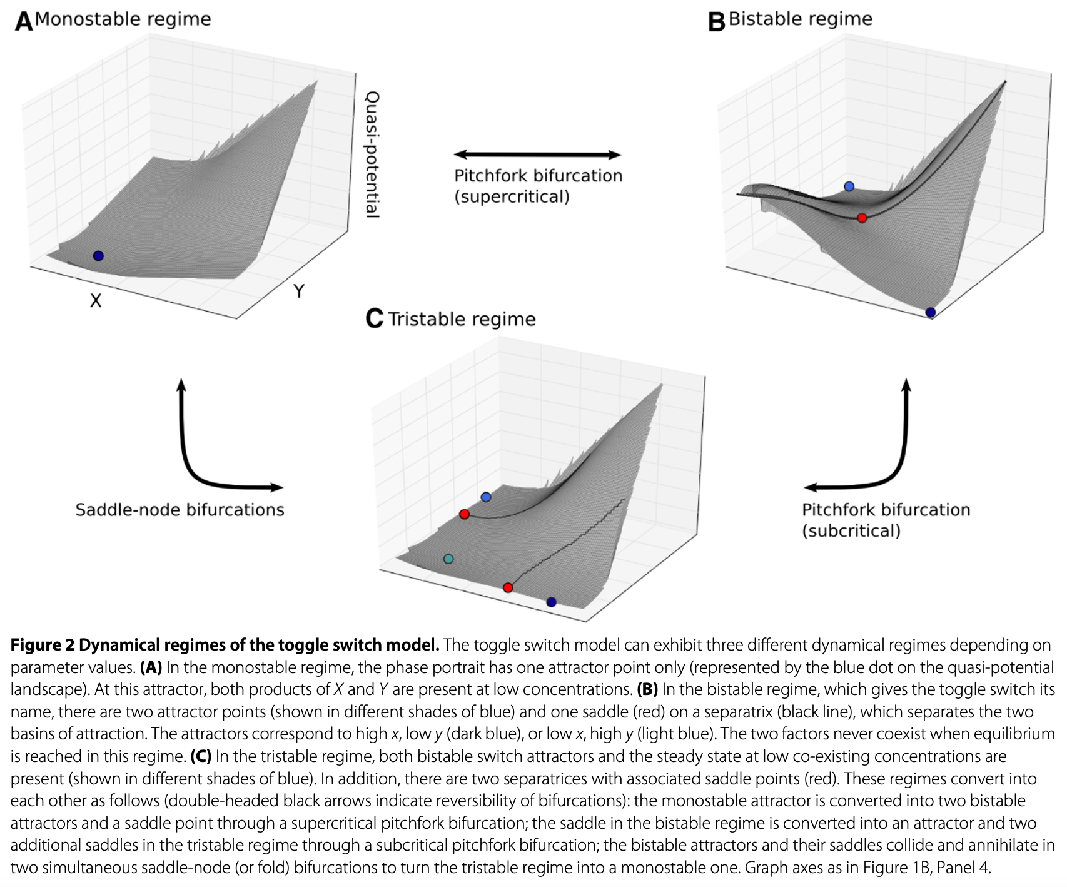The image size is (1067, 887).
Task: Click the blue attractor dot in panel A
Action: click(x=98, y=256)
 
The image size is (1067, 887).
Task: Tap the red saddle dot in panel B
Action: click(x=862, y=218)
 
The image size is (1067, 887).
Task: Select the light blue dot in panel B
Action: click(x=849, y=186)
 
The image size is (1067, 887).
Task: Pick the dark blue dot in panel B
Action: click(x=930, y=312)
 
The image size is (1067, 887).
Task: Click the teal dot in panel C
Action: click(x=448, y=559)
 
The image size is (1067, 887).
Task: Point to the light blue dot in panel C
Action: click(x=486, y=497)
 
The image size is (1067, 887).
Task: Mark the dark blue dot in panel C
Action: click(x=551, y=602)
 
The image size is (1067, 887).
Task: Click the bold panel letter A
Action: click(x=24, y=22)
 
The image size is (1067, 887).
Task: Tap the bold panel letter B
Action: click(x=716, y=22)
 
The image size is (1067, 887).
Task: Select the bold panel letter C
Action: click(x=374, y=320)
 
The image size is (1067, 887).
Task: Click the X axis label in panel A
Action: click(x=96, y=301)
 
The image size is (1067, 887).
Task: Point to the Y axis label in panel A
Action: click(x=300, y=291)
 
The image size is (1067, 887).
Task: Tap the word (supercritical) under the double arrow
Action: click(x=512, y=197)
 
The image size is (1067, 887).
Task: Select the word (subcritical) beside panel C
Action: click(x=851, y=531)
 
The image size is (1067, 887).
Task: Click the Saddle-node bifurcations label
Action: click(x=180, y=510)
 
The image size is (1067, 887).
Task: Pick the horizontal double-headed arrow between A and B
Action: click(x=537, y=155)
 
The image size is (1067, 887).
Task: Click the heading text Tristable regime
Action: click(x=462, y=319)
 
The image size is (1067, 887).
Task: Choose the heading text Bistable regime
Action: click(x=801, y=19)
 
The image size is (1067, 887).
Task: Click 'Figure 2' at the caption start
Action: click(x=42, y=645)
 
